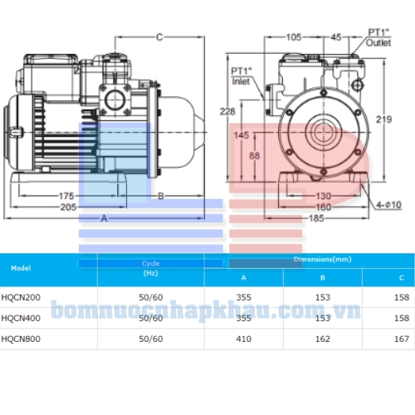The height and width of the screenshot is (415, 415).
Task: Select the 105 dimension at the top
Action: pyautogui.click(x=294, y=37)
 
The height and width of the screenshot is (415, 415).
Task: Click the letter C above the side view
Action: pyautogui.click(x=159, y=36)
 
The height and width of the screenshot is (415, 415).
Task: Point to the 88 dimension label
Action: pyautogui.click(x=254, y=156)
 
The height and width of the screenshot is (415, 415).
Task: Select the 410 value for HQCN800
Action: pyautogui.click(x=243, y=339)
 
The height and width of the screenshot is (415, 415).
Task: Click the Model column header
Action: pyautogui.click(x=22, y=268)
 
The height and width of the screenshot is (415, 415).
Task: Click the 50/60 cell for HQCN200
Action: pyautogui.click(x=150, y=296)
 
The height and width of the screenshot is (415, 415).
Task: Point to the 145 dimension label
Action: pyautogui.click(x=242, y=134)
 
